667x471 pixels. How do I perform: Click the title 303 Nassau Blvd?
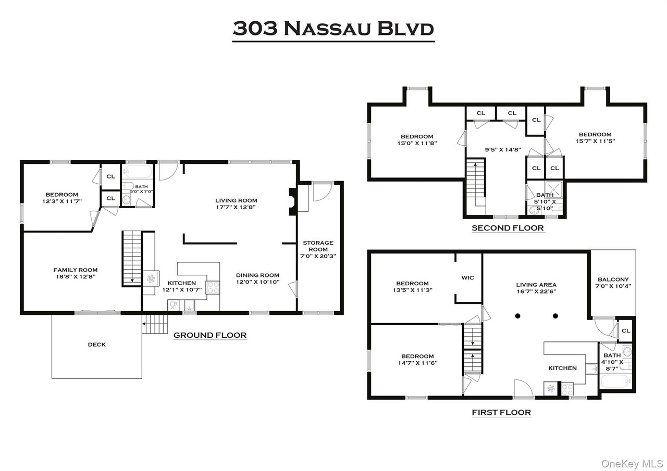333,29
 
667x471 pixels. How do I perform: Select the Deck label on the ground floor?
96,345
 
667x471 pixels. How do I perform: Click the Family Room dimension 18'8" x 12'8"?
76,276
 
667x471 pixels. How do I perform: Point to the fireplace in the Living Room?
292,201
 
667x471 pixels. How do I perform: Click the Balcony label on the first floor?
613,279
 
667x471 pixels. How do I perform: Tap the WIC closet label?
467,278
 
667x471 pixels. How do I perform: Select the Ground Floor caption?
209,335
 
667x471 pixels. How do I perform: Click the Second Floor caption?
508,228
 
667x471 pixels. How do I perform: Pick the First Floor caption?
501,413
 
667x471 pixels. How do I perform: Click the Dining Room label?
257,275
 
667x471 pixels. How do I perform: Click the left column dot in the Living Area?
518,315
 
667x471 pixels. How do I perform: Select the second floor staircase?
475,185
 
